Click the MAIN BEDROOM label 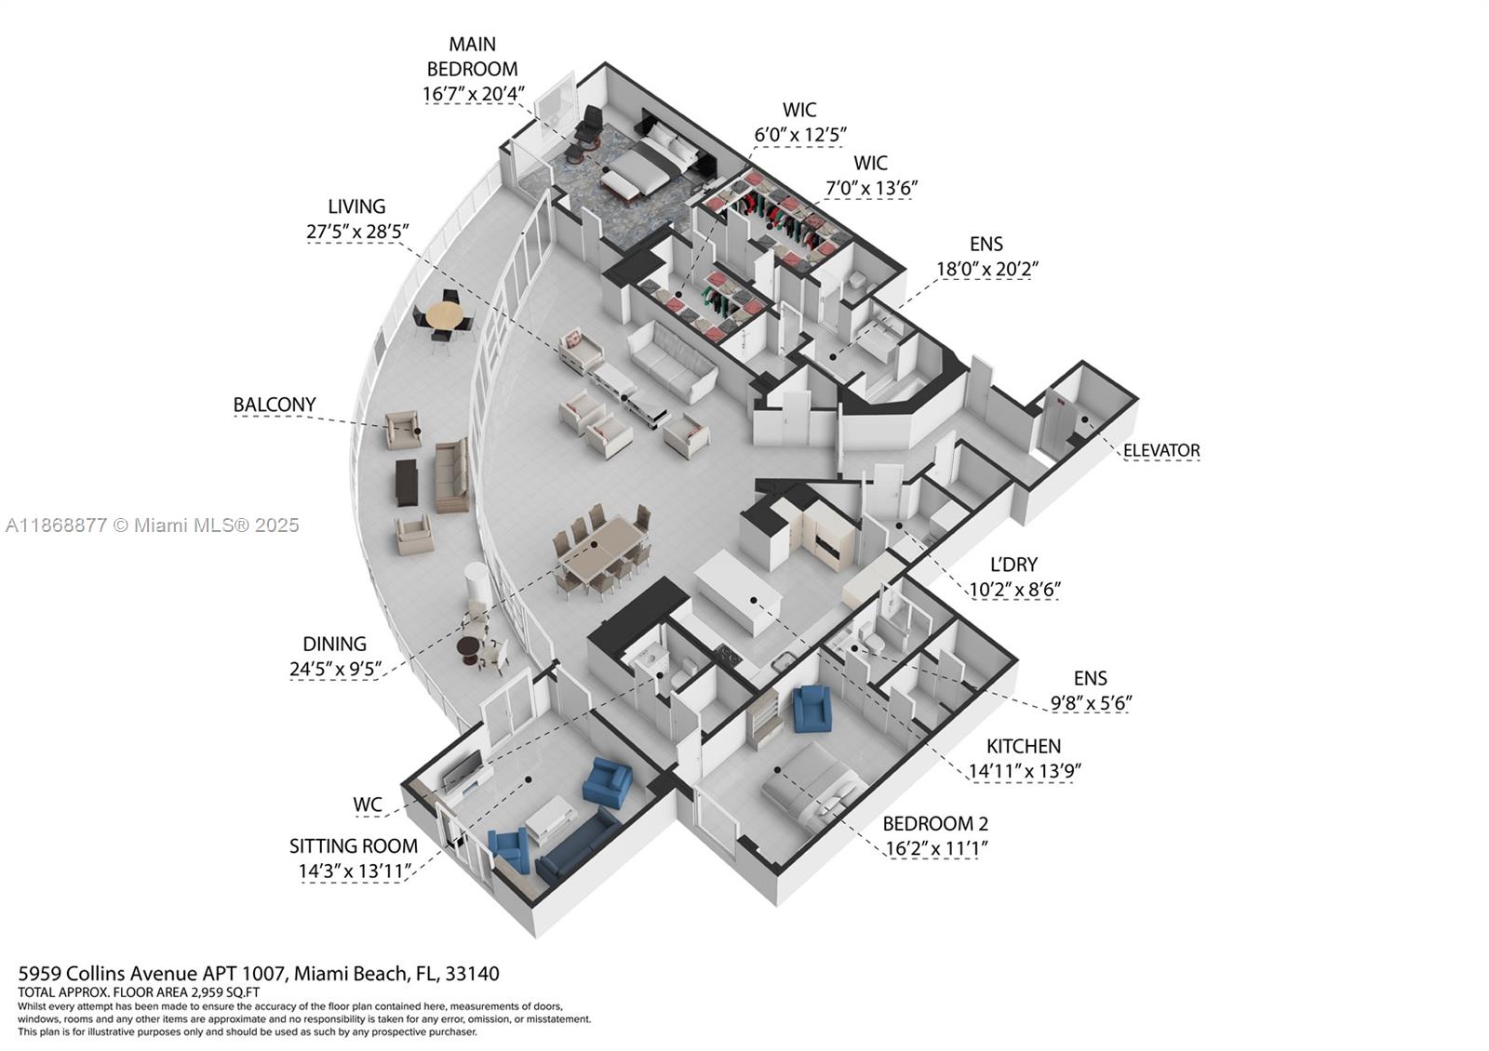point(472,56)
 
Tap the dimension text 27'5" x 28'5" point(357,232)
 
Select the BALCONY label point(275,405)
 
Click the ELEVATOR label point(1161,451)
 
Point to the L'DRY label point(1013,565)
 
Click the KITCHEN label point(1024,746)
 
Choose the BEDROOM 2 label point(935,823)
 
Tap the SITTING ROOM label point(354,846)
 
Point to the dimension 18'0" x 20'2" point(986,269)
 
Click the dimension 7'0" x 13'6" point(871,188)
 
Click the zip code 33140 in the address point(472,974)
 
